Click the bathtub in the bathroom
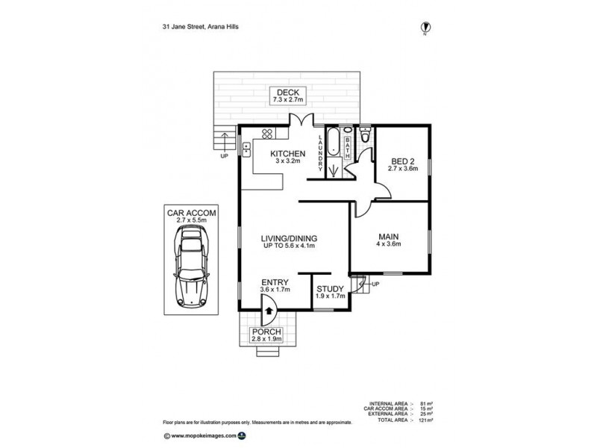pos(334,143)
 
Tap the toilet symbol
pos(363,137)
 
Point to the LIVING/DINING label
pos(288,242)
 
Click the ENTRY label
pos(274,285)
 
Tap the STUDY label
pos(329,293)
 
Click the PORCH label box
pos(267,335)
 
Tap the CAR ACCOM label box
pos(191,217)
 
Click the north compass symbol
pos(425,27)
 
